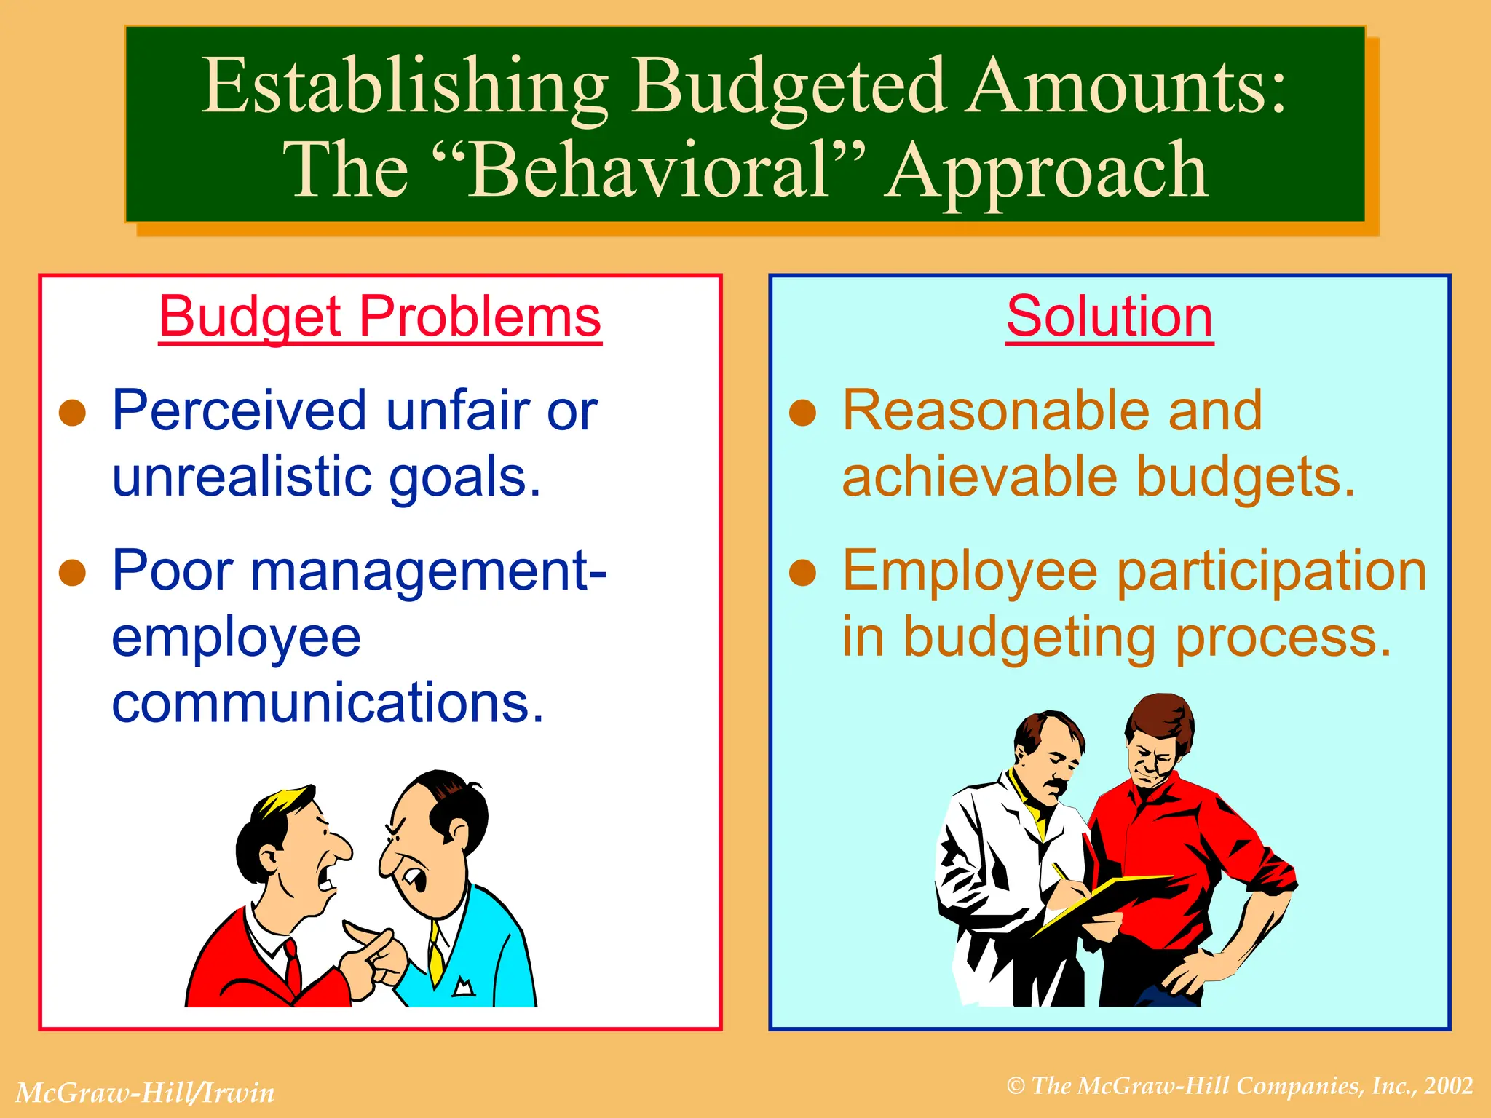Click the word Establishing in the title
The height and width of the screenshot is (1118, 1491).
click(x=404, y=87)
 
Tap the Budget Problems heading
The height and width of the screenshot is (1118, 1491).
click(x=380, y=317)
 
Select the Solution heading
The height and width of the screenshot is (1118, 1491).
click(x=1110, y=317)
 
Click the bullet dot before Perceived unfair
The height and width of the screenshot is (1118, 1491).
click(x=73, y=413)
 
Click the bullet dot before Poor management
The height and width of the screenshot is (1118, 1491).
click(x=73, y=573)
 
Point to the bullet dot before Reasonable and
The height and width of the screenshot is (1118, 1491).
click(x=803, y=413)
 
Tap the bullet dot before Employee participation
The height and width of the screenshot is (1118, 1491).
click(x=803, y=573)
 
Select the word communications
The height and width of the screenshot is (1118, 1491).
click(x=328, y=702)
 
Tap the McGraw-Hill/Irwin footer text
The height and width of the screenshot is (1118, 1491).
click(x=145, y=1093)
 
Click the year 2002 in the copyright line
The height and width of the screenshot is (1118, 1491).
click(x=1449, y=1085)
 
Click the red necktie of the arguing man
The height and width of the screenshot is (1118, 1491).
click(x=293, y=968)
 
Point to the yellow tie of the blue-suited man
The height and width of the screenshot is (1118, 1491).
click(x=435, y=954)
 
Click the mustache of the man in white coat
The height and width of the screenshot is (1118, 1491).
click(x=1056, y=786)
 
